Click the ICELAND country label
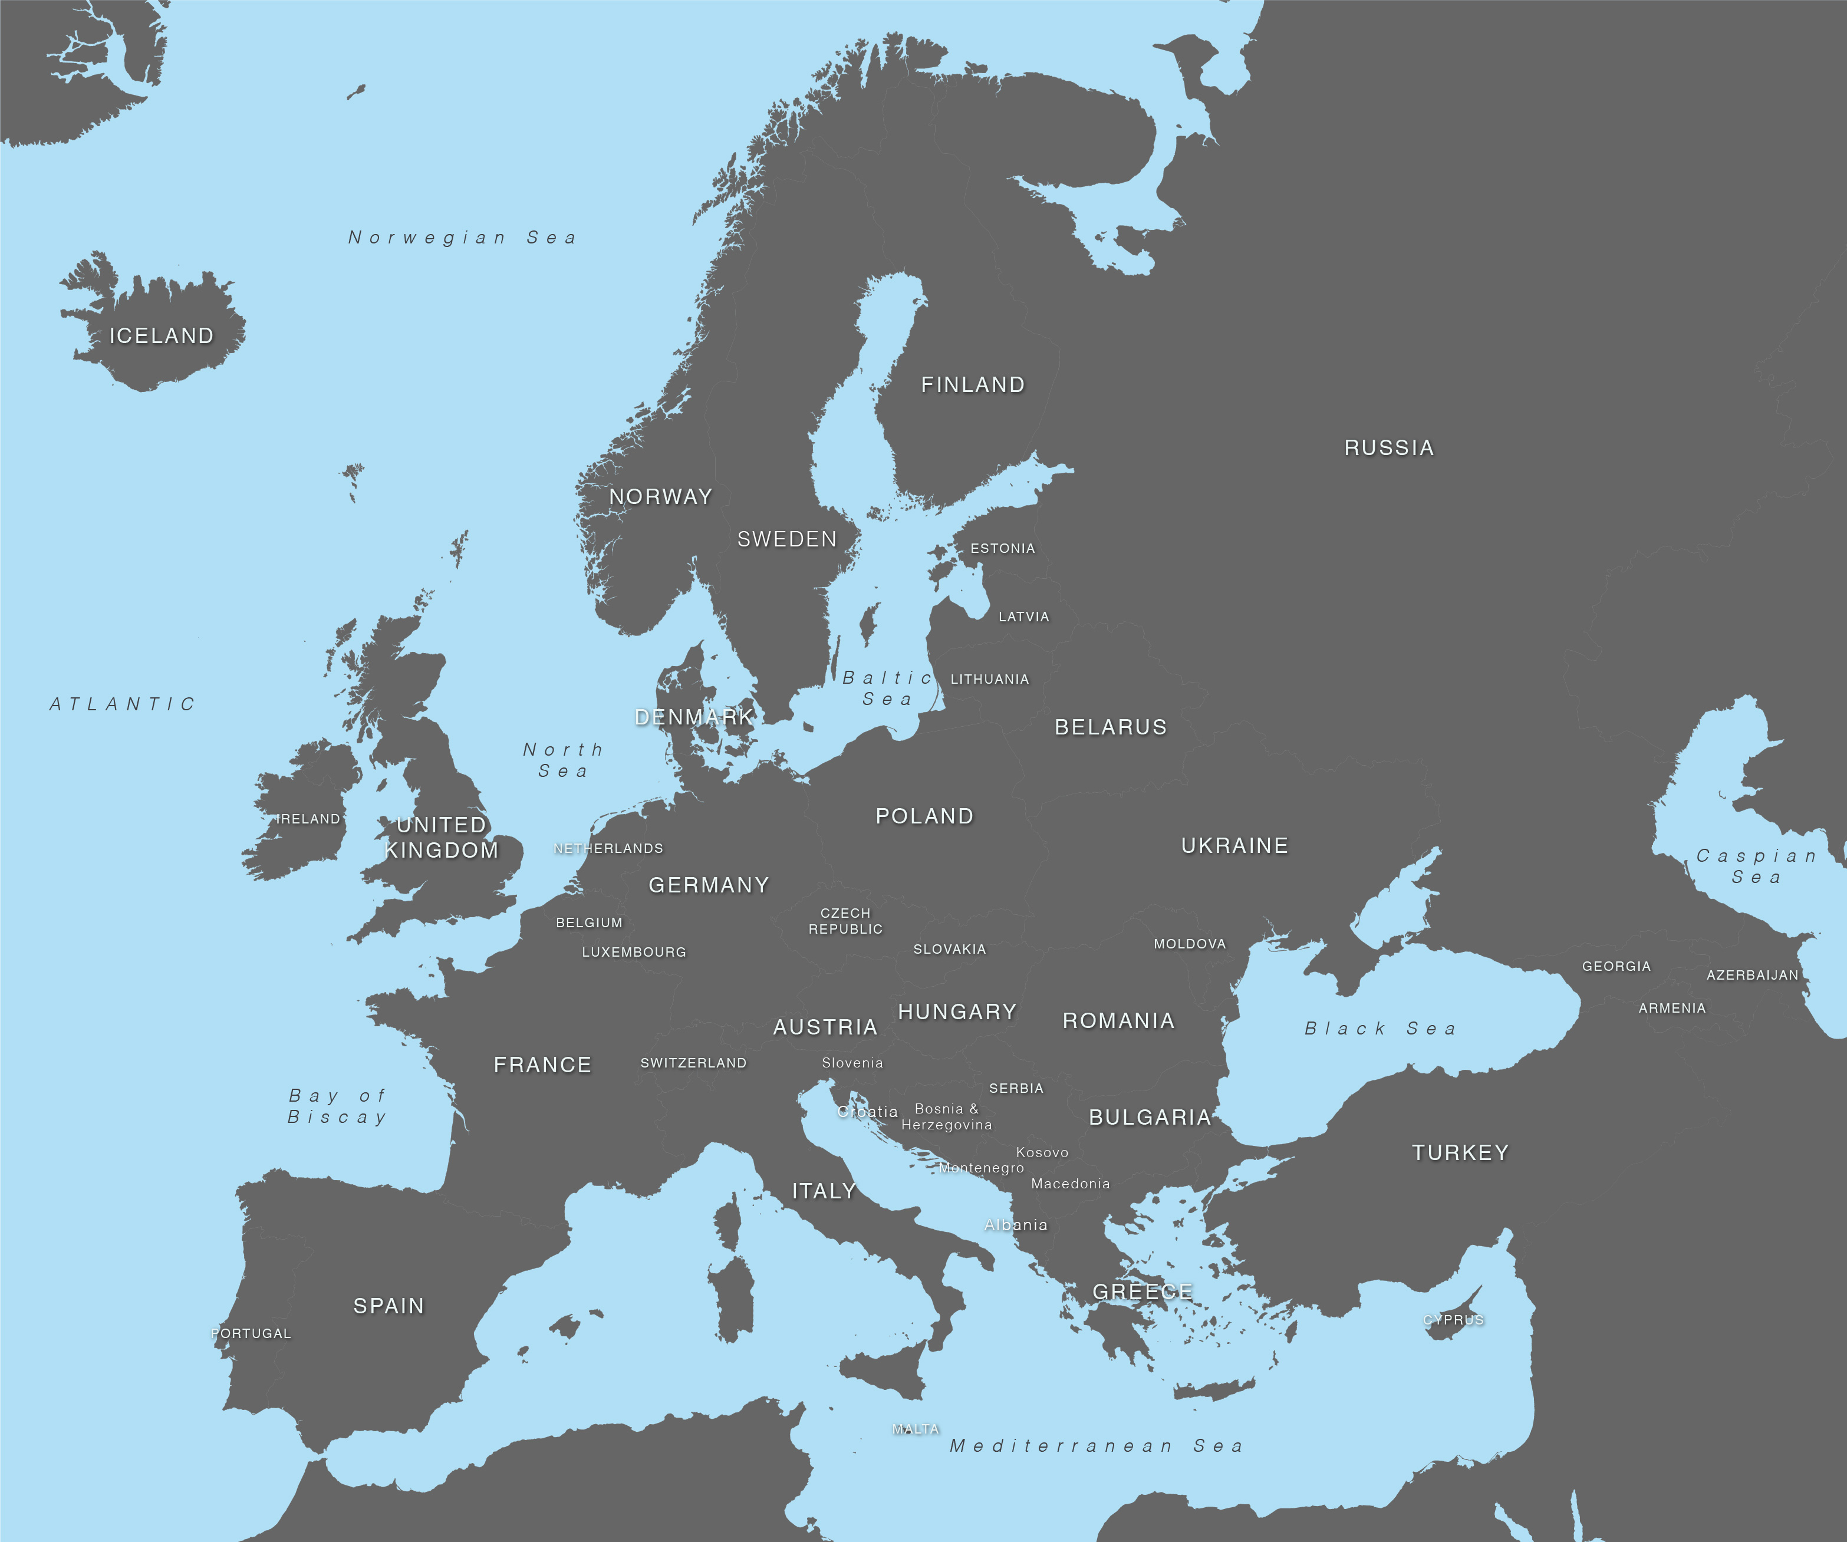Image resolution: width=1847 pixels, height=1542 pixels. pyautogui.click(x=161, y=336)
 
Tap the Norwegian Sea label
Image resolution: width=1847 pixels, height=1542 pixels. pyautogui.click(x=463, y=238)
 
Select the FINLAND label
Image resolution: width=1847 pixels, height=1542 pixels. pyautogui.click(x=973, y=384)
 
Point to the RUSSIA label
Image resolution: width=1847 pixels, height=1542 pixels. pyautogui.click(x=1389, y=448)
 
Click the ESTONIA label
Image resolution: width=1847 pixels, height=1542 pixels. pyautogui.click(x=1003, y=548)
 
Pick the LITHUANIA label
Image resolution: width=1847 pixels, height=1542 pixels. pyautogui.click(x=989, y=679)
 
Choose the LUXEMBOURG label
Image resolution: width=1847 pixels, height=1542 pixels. pyautogui.click(x=634, y=952)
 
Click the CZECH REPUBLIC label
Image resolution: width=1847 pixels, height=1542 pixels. pyautogui.click(x=845, y=921)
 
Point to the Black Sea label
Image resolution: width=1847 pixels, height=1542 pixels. pyautogui.click(x=1381, y=1028)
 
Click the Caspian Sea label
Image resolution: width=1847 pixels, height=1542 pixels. pyautogui.click(x=1756, y=866)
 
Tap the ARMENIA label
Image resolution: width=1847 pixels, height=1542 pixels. pyautogui.click(x=1672, y=1008)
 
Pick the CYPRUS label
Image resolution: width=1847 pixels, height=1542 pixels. pyautogui.click(x=1454, y=1319)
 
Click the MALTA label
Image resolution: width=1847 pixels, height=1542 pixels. pyautogui.click(x=916, y=1429)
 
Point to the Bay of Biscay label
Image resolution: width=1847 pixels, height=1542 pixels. pyautogui.click(x=338, y=1106)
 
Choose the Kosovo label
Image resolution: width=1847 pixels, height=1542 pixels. pyautogui.click(x=1042, y=1152)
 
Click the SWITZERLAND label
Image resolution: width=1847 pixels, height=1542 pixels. pyautogui.click(x=693, y=1063)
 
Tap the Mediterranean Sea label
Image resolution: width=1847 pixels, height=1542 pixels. pyautogui.click(x=1096, y=1446)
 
